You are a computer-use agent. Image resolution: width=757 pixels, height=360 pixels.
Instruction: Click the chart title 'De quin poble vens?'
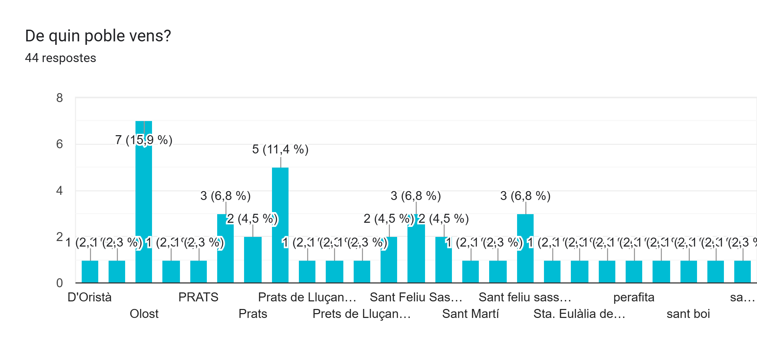coord(98,36)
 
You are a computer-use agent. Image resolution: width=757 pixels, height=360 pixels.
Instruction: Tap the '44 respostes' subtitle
coord(60,58)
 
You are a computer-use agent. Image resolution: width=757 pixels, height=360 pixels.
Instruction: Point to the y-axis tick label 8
coord(60,98)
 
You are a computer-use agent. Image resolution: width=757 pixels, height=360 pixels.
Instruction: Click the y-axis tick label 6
coord(60,144)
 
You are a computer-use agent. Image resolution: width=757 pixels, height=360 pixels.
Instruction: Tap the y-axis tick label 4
coord(60,191)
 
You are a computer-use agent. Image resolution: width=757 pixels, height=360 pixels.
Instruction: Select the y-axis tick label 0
coord(60,283)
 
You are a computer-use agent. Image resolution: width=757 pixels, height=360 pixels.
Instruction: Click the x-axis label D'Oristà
coord(90,297)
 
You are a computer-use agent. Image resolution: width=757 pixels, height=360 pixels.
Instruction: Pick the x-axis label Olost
coord(144,314)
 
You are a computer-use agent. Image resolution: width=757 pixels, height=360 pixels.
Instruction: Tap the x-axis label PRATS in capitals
coord(198,297)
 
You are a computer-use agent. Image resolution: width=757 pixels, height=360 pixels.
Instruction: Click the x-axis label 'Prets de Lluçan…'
coord(361,314)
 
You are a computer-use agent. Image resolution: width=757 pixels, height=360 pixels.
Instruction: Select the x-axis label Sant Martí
coord(470,314)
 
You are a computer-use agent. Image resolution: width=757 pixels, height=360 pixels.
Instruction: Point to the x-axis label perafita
coord(634,297)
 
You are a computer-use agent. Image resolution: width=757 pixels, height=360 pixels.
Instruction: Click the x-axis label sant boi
coord(688,314)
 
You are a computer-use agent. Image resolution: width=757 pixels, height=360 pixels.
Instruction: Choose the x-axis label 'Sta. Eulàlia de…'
coord(579,314)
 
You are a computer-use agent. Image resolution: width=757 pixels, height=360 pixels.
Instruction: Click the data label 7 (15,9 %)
coord(143,140)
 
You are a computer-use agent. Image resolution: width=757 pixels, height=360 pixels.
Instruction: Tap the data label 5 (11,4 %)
coord(280,149)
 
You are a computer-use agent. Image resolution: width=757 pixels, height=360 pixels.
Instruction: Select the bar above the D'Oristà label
coord(90,272)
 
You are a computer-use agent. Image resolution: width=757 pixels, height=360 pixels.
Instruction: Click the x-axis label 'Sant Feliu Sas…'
coord(416,297)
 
